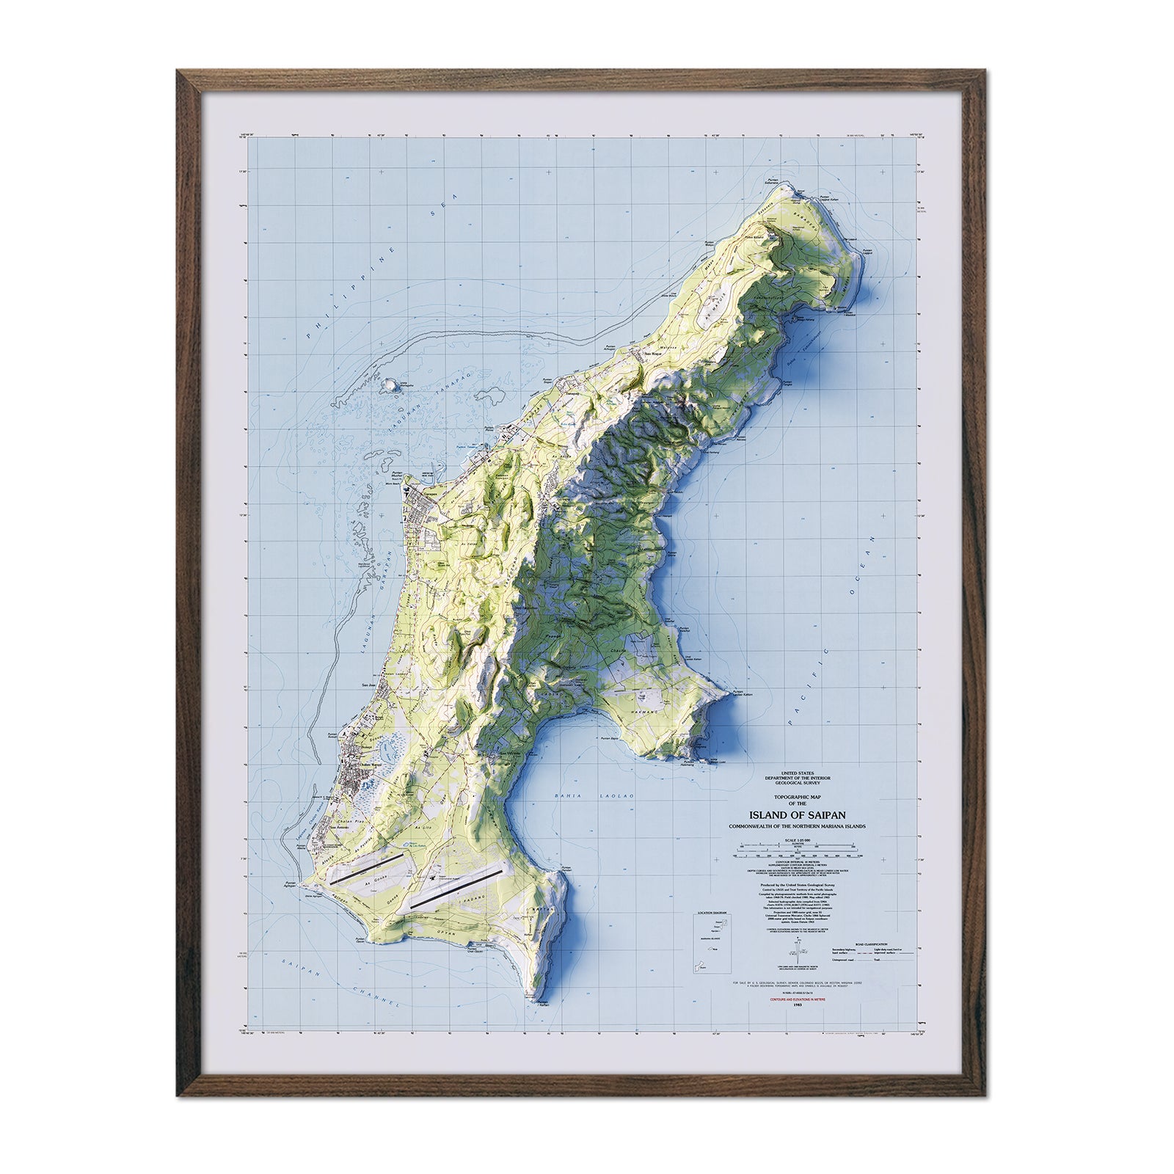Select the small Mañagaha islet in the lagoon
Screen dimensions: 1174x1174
click(390, 384)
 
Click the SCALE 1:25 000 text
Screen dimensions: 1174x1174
click(800, 839)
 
